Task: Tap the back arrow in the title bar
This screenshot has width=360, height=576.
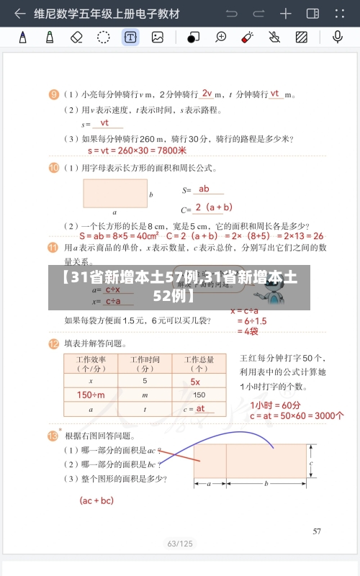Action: coord(19,14)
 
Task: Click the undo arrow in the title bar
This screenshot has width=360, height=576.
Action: coord(232,14)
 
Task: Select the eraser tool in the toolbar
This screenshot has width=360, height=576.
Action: coord(77,37)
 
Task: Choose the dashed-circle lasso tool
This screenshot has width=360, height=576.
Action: coord(104,37)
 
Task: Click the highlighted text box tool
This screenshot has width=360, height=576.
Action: coord(130,37)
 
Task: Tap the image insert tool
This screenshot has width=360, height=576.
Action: coord(158,37)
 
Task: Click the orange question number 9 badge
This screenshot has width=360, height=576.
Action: coord(54,94)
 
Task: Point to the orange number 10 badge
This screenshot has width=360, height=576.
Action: coord(54,168)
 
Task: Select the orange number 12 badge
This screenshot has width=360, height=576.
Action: coord(54,343)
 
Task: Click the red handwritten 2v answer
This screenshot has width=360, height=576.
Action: coord(207,93)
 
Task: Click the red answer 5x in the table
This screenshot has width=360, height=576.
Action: coord(195,382)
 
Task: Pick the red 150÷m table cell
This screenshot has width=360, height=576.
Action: coord(91,395)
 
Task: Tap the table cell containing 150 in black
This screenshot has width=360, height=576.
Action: coord(199,395)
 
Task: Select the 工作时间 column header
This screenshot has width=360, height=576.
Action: coord(145,363)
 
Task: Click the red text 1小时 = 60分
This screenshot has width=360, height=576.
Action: coord(276,404)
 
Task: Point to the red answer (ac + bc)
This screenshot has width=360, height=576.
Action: coord(96,500)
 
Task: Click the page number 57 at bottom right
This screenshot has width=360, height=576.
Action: coord(317,532)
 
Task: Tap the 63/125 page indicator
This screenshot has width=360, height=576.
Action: coord(180,544)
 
